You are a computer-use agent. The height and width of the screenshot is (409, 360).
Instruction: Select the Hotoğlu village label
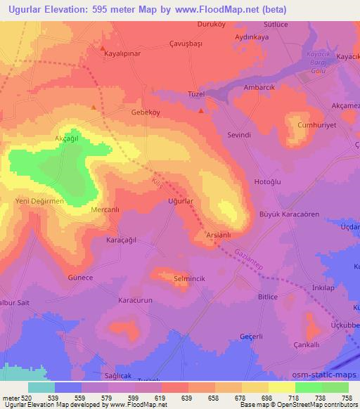[x=267, y=181]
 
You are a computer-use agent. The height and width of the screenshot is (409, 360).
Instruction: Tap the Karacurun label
[x=136, y=301]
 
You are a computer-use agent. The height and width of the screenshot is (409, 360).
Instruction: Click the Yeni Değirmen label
[x=40, y=202]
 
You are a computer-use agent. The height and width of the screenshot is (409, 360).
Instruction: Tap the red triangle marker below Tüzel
[x=202, y=110]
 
